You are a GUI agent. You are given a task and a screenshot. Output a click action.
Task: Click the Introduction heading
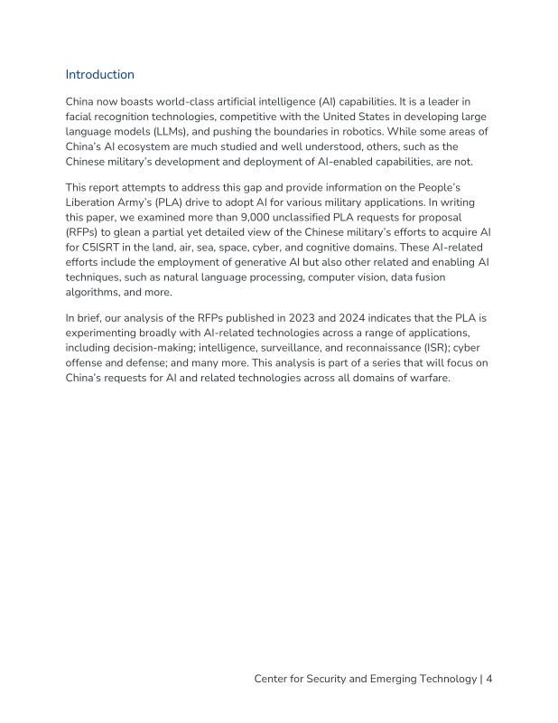99,75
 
